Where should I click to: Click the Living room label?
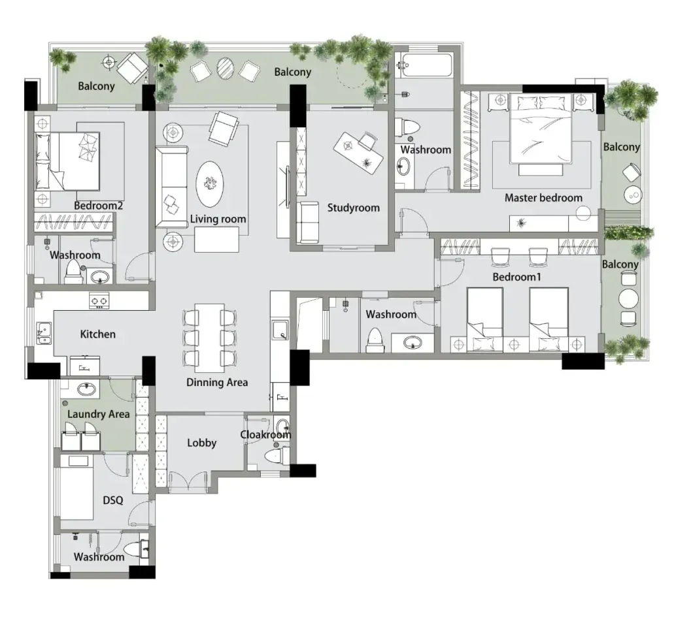pos(218,219)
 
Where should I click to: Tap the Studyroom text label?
pos(353,208)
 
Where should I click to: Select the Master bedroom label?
pos(543,198)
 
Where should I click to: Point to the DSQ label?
pos(112,500)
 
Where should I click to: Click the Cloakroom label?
pos(265,435)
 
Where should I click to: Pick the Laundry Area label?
pos(99,414)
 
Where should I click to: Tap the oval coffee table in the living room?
pos(209,183)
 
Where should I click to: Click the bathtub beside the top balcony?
pos(423,65)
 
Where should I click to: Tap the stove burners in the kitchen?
pos(99,300)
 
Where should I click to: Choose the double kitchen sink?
pos(44,333)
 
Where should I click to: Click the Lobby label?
pos(201,443)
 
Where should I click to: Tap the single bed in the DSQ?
pos(76,487)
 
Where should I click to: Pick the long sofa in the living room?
pos(171,187)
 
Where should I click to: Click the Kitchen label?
pos(97,334)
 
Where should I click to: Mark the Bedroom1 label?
pos(516,277)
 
